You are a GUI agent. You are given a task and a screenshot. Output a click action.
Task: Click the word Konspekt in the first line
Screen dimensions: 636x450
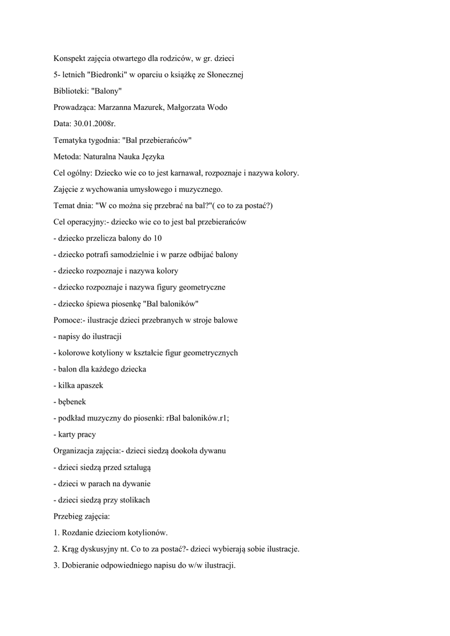click(x=70, y=58)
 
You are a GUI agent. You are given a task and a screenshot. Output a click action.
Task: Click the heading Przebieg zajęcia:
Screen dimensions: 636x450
click(x=82, y=516)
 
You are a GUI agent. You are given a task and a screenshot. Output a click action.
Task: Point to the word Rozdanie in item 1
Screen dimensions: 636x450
click(x=79, y=532)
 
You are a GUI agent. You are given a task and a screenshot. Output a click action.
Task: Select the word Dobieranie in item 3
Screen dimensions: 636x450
click(x=83, y=565)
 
